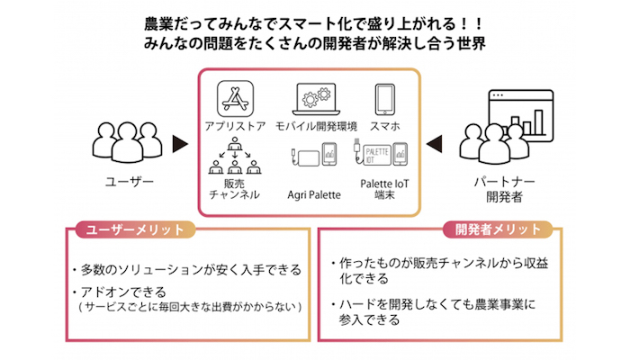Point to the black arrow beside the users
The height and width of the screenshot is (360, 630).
click(x=179, y=142)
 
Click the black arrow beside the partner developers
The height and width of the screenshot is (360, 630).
click(x=435, y=142)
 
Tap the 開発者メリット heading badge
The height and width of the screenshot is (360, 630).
click(x=492, y=229)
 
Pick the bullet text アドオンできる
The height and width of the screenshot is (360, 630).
click(x=121, y=292)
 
